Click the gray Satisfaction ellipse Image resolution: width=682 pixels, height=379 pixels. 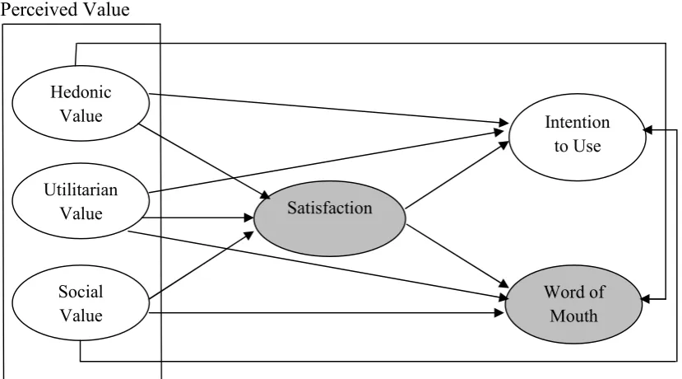tap(330, 218)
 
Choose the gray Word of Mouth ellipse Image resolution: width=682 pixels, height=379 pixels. tap(573, 304)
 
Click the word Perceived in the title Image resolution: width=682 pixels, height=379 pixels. tap(31, 9)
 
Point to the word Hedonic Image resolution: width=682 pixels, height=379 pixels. tap(81, 92)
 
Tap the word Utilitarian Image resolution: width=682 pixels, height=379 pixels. tap(81, 189)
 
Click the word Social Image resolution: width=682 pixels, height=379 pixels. tap(81, 292)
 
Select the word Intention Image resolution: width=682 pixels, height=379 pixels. tap(578, 122)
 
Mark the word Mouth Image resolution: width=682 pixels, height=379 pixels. tap(573, 316)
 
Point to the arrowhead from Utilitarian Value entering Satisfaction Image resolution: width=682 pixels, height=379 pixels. tap(248, 218)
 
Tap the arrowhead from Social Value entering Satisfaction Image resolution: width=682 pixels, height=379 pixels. tap(248, 236)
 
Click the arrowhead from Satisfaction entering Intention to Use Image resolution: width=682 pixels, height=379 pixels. tap(503, 145)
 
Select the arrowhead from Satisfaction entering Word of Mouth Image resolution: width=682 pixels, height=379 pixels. tap(503, 283)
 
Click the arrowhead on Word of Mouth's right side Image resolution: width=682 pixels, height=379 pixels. tap(646, 299)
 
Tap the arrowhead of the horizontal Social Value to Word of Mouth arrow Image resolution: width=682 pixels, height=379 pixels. tap(499, 313)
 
